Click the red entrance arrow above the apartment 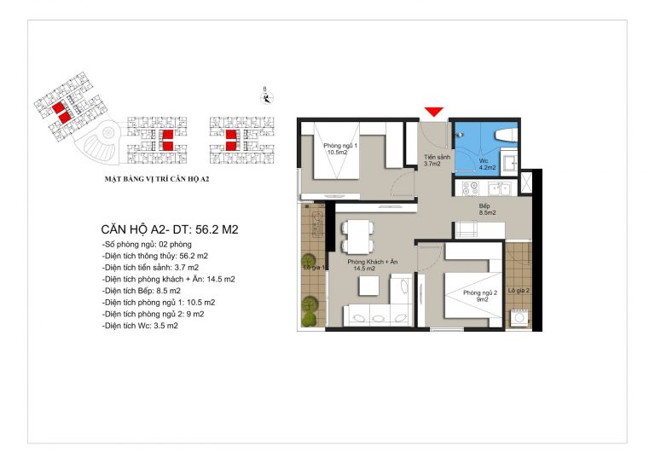[x=433, y=112]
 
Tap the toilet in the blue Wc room [x=507, y=136]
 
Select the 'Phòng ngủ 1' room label [x=340, y=146]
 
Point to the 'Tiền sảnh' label [x=437, y=158]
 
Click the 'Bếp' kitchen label [x=484, y=205]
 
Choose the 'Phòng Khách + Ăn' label [x=373, y=262]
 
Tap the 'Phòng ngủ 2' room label [x=480, y=292]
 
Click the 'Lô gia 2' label [x=519, y=291]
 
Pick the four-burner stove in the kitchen [x=471, y=188]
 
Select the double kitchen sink [x=499, y=189]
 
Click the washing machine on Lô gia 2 [x=519, y=318]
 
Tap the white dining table [x=358, y=236]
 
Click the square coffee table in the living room [x=368, y=286]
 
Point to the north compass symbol [x=267, y=98]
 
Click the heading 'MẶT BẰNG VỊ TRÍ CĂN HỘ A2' [x=157, y=179]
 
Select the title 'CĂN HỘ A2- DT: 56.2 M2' [x=170, y=229]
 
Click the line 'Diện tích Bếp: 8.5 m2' [x=142, y=291]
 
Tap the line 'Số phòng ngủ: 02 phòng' [x=147, y=244]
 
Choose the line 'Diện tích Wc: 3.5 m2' [x=140, y=326]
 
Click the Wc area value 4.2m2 [x=487, y=168]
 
